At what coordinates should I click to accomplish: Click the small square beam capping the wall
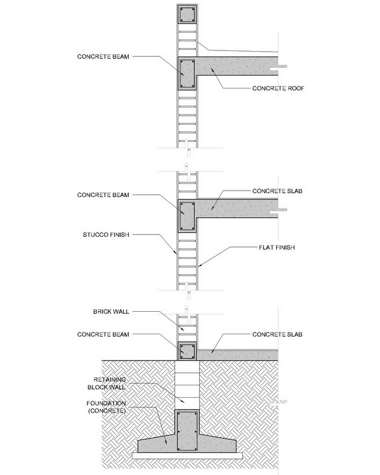pyautogui.click(x=187, y=15)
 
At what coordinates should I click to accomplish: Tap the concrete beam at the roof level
pyautogui.click(x=187, y=74)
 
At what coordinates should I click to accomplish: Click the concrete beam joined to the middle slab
pyautogui.click(x=187, y=216)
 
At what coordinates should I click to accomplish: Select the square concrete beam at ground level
pyautogui.click(x=187, y=350)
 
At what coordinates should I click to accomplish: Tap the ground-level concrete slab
pyautogui.click(x=237, y=355)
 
